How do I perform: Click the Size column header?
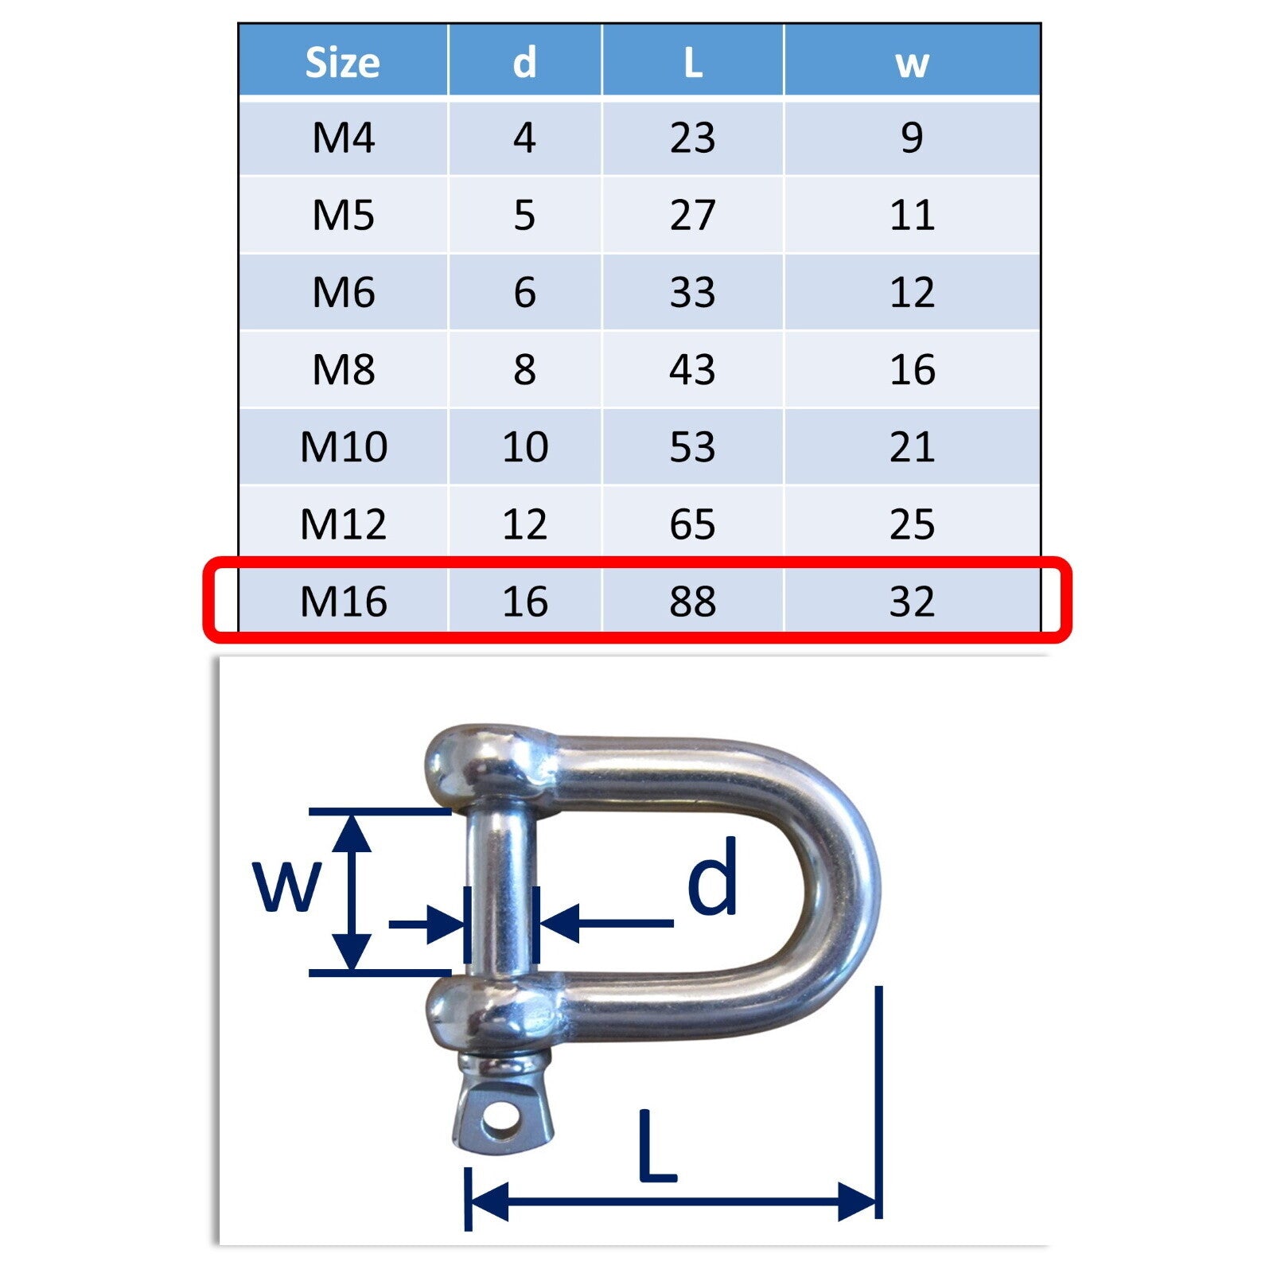(343, 62)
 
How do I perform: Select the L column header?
(692, 62)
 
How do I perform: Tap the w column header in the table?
(912, 62)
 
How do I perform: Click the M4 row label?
(343, 138)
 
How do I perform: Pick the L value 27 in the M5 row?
(692, 215)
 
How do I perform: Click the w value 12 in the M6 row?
(912, 292)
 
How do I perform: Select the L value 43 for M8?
(692, 369)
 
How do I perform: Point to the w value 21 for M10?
(912, 446)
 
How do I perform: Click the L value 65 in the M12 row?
(692, 524)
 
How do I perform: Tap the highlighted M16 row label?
(343, 601)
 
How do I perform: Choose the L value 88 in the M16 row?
(692, 601)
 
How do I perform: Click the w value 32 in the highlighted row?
(912, 601)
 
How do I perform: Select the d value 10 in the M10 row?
(525, 446)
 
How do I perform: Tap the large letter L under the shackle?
(656, 1146)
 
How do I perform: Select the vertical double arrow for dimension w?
(351, 891)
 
